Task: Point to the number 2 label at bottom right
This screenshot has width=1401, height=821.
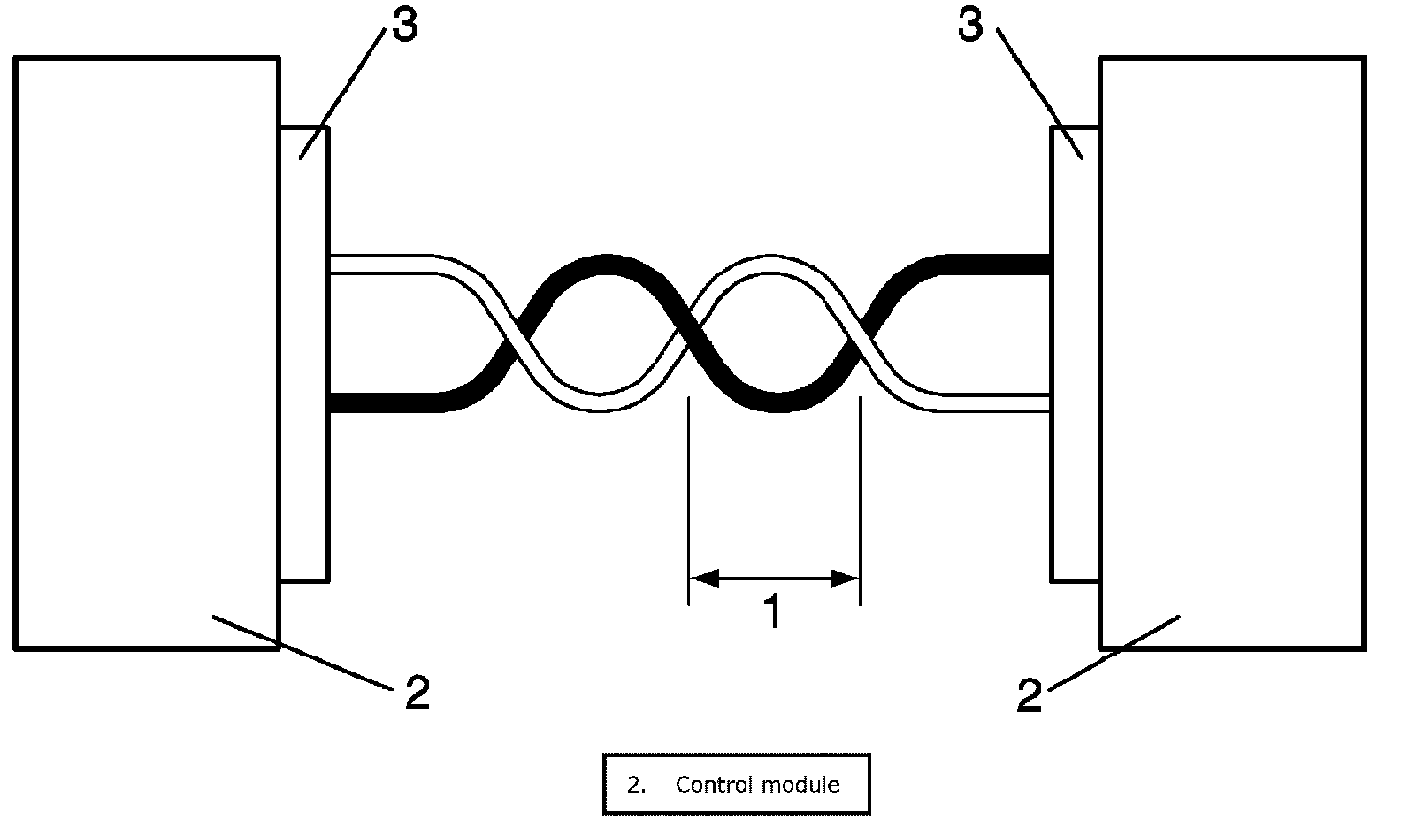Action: [1029, 695]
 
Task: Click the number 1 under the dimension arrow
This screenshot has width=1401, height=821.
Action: [773, 612]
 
